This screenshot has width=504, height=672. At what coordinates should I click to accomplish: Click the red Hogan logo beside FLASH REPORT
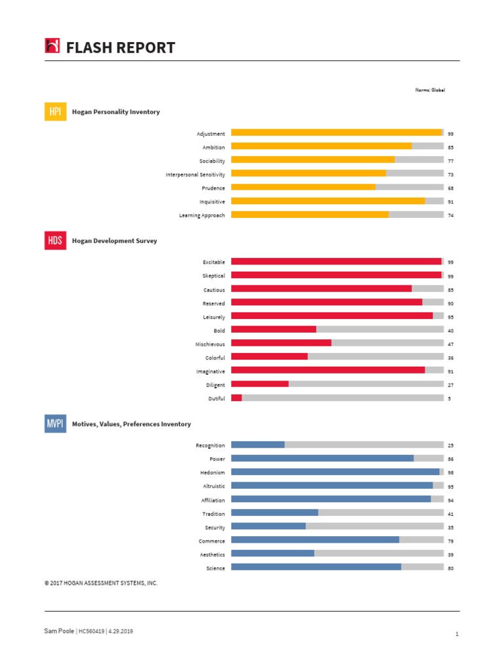click(x=52, y=46)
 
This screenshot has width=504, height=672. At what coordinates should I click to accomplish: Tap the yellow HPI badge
click(x=55, y=112)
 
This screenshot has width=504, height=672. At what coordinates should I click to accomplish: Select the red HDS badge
click(x=55, y=241)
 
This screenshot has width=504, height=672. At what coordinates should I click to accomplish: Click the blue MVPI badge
click(x=55, y=424)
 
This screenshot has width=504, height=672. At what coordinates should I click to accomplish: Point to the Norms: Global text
click(x=430, y=90)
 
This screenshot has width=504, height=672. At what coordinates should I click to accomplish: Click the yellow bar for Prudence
click(x=303, y=188)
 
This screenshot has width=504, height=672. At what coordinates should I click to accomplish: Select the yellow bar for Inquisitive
click(x=328, y=201)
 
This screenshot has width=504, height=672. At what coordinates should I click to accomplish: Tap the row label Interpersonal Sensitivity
click(x=195, y=175)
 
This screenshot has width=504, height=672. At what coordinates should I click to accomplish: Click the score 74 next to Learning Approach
click(x=451, y=216)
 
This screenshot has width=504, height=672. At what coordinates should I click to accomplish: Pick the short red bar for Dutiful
click(x=236, y=398)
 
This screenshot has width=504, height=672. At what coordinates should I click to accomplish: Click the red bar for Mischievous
click(x=281, y=343)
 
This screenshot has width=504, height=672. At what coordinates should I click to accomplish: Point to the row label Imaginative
click(x=210, y=371)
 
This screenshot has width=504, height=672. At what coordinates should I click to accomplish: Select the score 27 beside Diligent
click(x=451, y=386)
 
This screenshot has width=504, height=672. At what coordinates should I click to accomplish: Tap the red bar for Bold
click(x=274, y=329)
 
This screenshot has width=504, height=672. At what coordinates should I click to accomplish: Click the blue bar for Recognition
click(x=258, y=444)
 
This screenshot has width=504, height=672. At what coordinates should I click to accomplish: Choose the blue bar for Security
click(x=268, y=526)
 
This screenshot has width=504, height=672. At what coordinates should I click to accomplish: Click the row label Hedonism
click(x=213, y=472)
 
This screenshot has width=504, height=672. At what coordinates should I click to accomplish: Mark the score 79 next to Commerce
click(x=451, y=541)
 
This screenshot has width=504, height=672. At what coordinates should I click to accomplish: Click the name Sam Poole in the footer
click(x=59, y=631)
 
